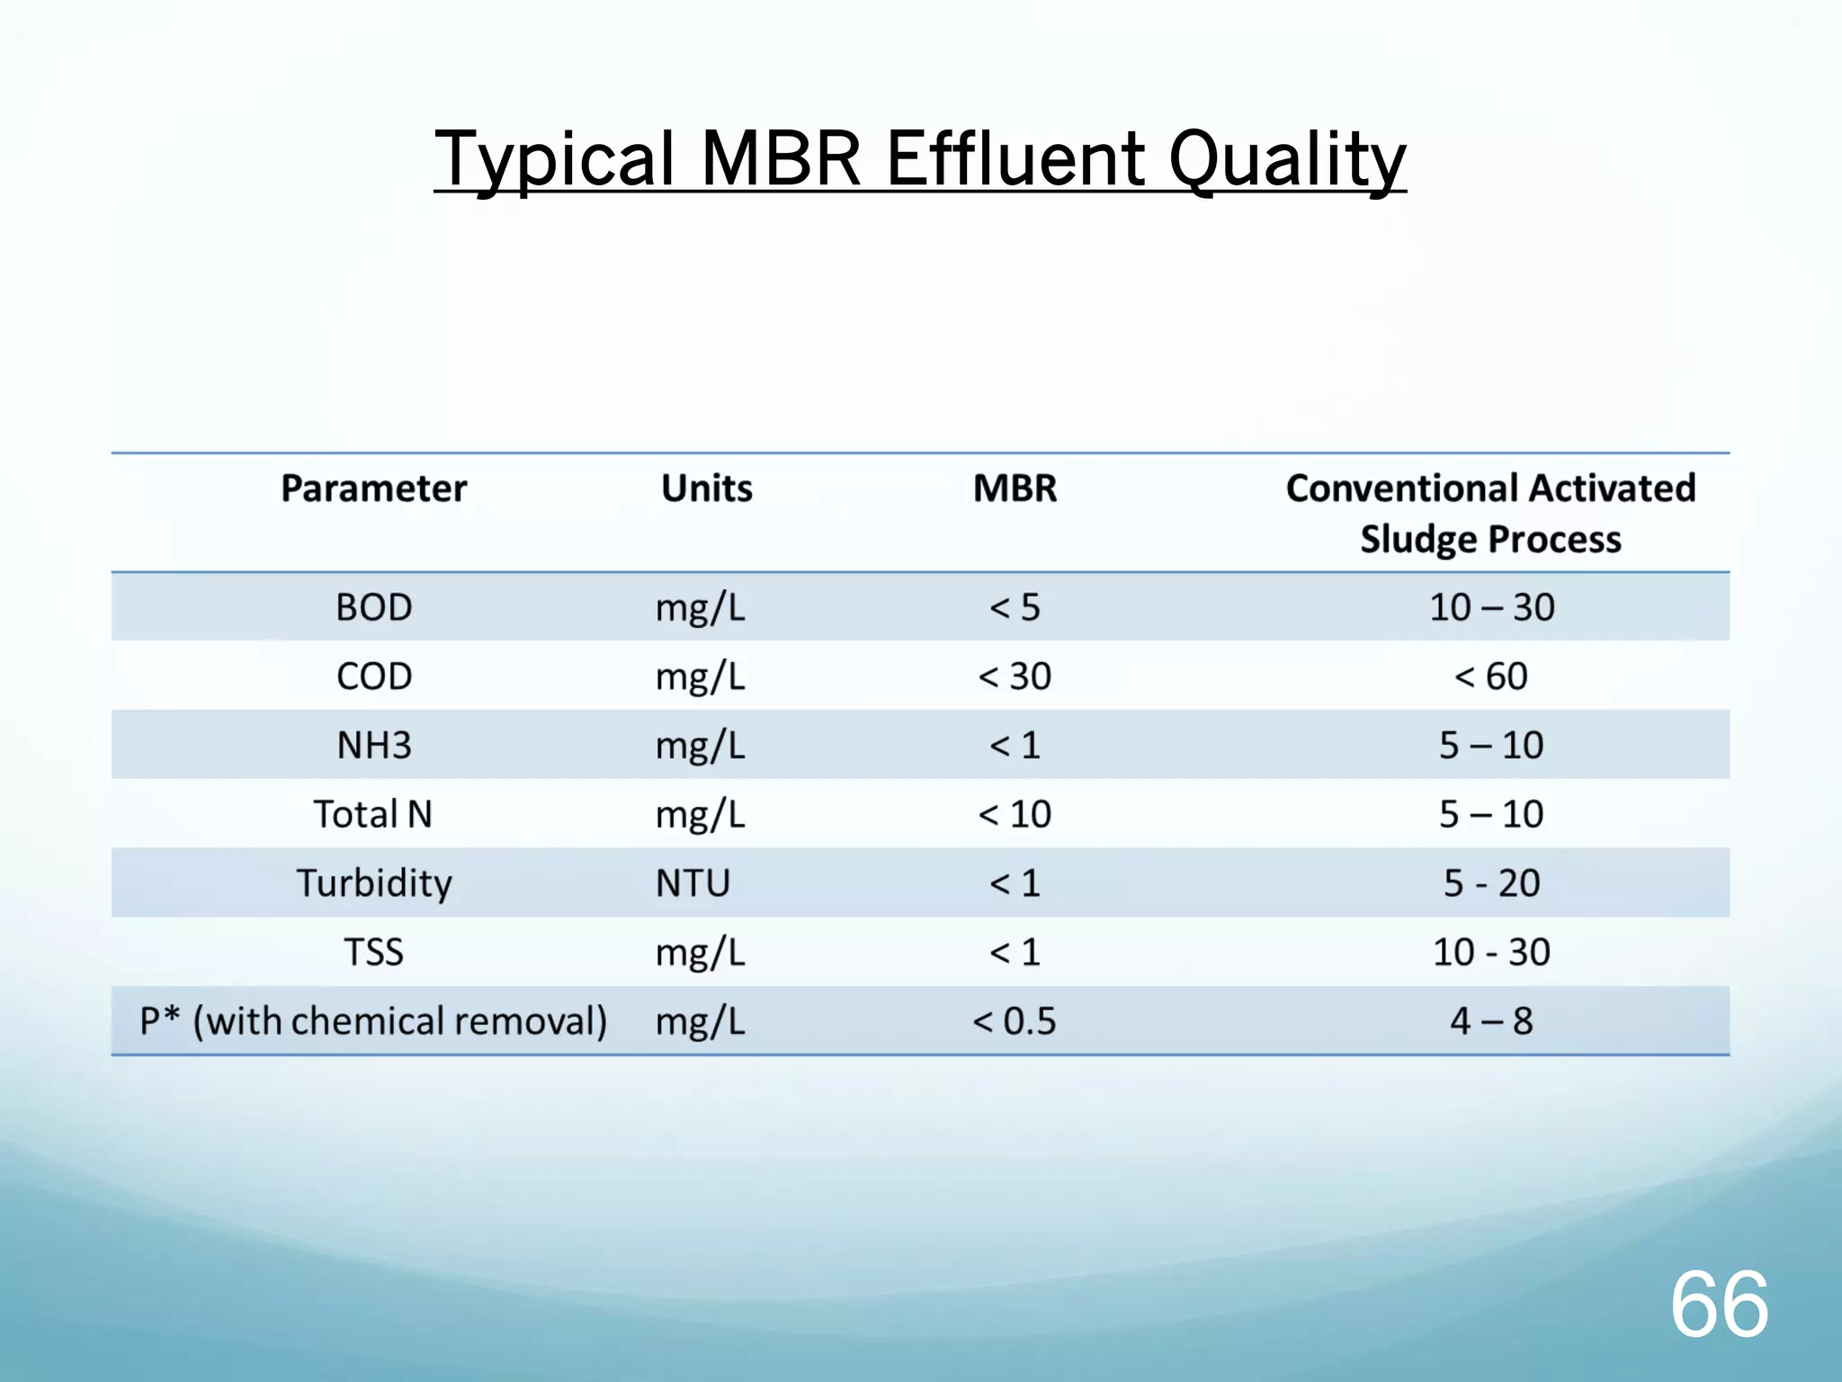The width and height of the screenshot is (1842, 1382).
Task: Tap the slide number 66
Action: click(x=1719, y=1305)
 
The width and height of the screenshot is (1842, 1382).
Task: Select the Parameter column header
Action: click(x=373, y=489)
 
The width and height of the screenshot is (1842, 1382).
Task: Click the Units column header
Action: click(x=706, y=489)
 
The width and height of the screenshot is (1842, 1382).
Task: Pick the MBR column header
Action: click(x=1015, y=489)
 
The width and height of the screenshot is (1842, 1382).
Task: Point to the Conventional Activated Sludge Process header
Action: click(x=1490, y=513)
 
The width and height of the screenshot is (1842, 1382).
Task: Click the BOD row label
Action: click(x=373, y=607)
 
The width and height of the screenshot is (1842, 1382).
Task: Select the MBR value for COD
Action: click(x=1015, y=677)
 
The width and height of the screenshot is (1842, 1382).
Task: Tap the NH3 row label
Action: click(x=373, y=745)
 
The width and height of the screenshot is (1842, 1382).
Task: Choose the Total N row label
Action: click(x=373, y=814)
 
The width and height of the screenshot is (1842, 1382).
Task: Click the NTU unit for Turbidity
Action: click(x=693, y=883)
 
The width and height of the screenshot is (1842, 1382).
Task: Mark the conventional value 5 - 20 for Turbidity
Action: click(x=1491, y=883)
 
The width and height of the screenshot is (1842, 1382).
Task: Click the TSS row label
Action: click(x=373, y=952)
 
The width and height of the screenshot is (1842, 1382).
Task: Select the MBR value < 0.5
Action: click(x=1015, y=1021)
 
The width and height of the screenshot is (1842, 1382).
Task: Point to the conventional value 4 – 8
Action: click(x=1491, y=1021)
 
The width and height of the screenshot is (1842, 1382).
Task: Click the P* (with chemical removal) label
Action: click(x=373, y=1021)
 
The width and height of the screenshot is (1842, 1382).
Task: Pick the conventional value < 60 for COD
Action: click(x=1491, y=677)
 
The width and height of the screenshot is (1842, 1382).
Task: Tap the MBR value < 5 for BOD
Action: click(x=1015, y=607)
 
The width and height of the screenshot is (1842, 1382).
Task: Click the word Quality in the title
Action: click(x=1286, y=160)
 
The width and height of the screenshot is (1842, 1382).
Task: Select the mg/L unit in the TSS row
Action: click(x=700, y=952)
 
